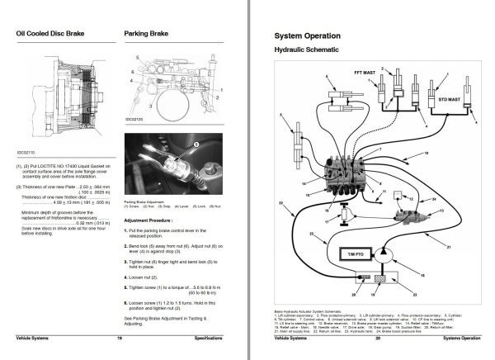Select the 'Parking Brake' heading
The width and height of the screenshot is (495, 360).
coord(147,35)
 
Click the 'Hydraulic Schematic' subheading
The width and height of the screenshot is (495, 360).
coord(307,50)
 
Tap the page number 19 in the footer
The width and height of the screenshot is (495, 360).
coord(120,338)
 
